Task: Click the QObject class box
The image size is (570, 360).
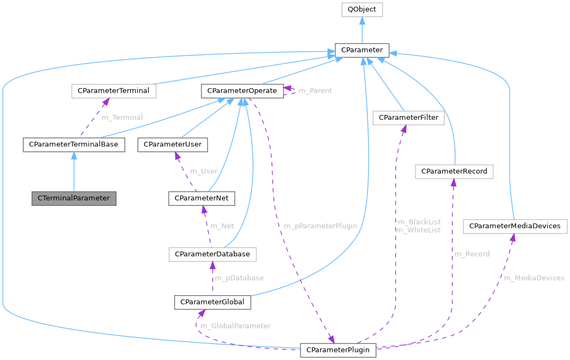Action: pyautogui.click(x=362, y=10)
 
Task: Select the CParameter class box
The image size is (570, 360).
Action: pyautogui.click(x=362, y=50)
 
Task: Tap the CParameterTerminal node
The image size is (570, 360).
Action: pyautogui.click(x=114, y=90)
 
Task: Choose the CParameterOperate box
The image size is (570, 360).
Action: pyautogui.click(x=242, y=90)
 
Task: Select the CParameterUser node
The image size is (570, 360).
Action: pyautogui.click(x=173, y=144)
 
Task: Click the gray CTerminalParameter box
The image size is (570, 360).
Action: pyautogui.click(x=74, y=198)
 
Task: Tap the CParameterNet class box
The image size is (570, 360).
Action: pyautogui.click(x=202, y=198)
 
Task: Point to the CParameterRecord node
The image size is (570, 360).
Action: pyautogui.click(x=454, y=172)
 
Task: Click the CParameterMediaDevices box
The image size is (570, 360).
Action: pyautogui.click(x=514, y=225)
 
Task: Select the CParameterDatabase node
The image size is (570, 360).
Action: pyautogui.click(x=212, y=254)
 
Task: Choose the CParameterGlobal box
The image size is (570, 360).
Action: pyautogui.click(x=212, y=302)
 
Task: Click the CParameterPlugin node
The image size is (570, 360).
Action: pyautogui.click(x=338, y=349)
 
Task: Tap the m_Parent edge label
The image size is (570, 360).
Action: pyautogui.click(x=315, y=90)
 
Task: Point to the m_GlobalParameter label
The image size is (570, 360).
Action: pyautogui.click(x=235, y=326)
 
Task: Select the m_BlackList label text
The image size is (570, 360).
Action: pyautogui.click(x=418, y=222)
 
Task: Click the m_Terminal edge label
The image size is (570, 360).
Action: pyautogui.click(x=122, y=117)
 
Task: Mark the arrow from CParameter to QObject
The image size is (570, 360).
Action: pyautogui.click(x=362, y=30)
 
